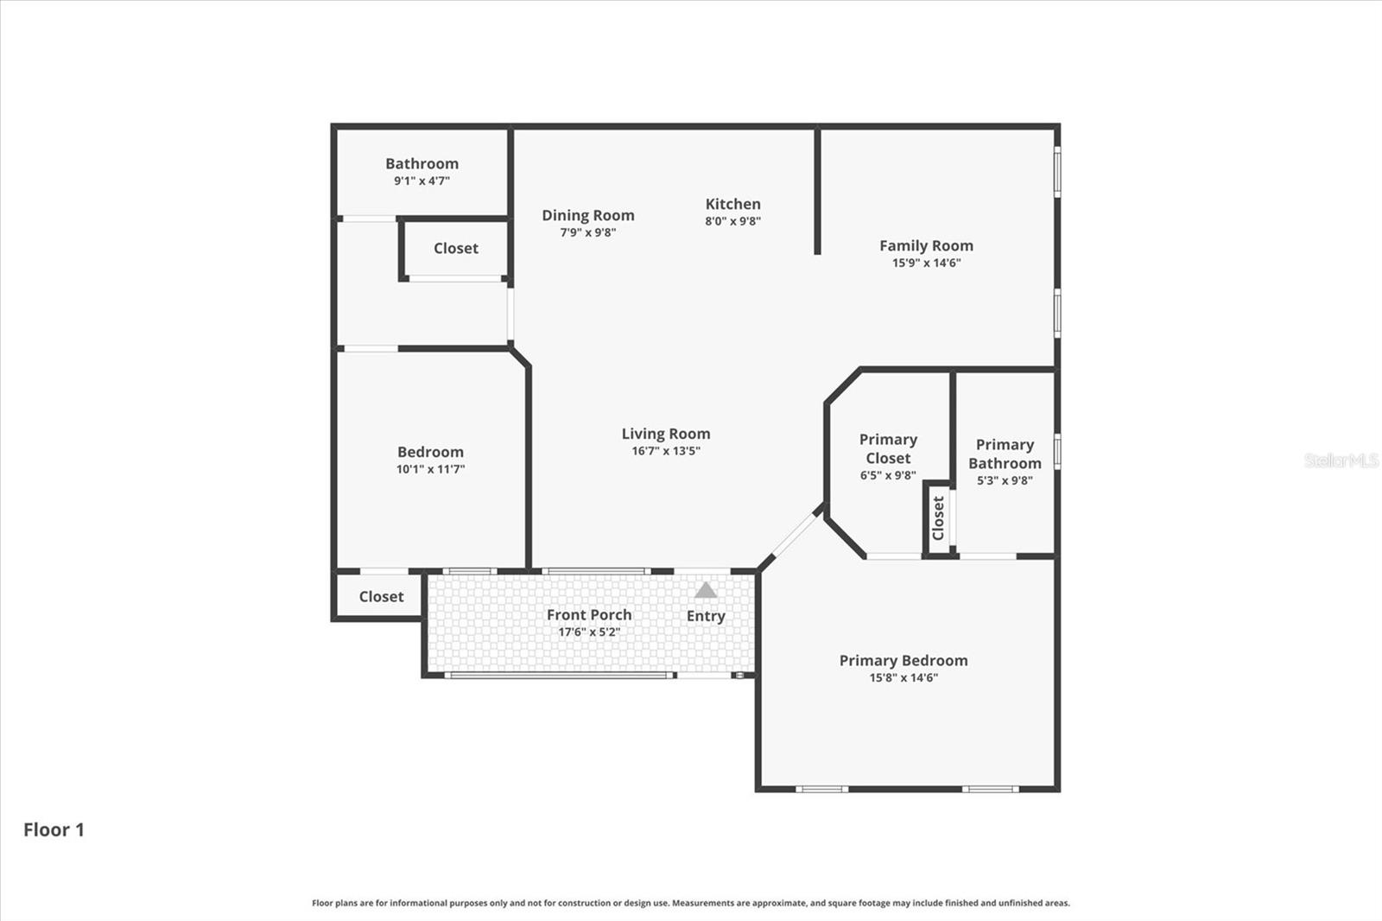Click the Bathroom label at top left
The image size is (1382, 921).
(422, 163)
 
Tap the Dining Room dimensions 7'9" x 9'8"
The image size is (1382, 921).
(587, 232)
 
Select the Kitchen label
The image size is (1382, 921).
(732, 204)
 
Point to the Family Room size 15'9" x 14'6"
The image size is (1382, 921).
(926, 263)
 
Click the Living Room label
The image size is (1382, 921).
(665, 434)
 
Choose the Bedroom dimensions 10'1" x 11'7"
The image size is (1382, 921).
(430, 469)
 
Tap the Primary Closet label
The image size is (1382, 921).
(887, 448)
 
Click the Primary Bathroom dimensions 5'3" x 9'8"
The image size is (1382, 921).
(1004, 480)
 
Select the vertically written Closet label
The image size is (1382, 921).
(938, 518)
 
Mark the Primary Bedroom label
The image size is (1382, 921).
(903, 660)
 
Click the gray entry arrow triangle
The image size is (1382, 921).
(706, 591)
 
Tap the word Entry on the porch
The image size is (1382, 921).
(706, 616)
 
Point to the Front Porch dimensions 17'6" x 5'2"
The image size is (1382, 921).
(588, 632)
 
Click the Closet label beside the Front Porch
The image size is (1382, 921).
(381, 596)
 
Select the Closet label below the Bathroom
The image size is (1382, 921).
(455, 248)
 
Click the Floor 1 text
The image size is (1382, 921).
(54, 829)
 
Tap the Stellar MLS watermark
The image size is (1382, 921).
(1341, 460)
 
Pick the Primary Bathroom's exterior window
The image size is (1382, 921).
(1057, 452)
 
